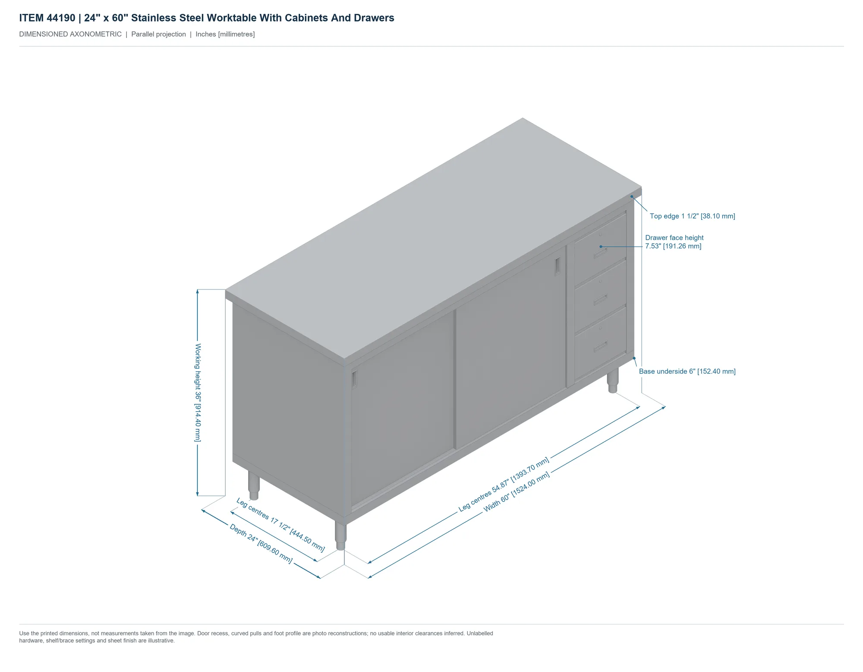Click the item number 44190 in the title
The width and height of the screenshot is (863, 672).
(x=61, y=18)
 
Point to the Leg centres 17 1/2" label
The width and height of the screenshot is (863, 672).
(x=280, y=525)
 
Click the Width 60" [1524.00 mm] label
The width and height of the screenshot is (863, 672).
(x=517, y=492)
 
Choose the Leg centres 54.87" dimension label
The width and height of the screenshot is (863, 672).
(x=504, y=484)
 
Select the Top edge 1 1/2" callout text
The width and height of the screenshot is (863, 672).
(x=693, y=216)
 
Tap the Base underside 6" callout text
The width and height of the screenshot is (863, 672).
(x=687, y=371)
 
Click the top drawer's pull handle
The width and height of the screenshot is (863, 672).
(x=600, y=253)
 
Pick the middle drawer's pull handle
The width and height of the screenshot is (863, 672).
(x=600, y=300)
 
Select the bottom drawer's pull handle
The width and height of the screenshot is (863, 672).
(x=600, y=346)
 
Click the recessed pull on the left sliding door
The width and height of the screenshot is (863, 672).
(x=355, y=379)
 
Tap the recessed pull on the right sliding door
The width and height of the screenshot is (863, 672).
(x=557, y=266)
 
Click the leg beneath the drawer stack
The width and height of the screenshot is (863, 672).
(x=613, y=380)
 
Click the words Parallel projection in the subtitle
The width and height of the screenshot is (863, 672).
(x=158, y=34)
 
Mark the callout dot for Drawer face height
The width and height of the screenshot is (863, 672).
(x=601, y=247)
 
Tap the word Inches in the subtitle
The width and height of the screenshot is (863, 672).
(x=206, y=34)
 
